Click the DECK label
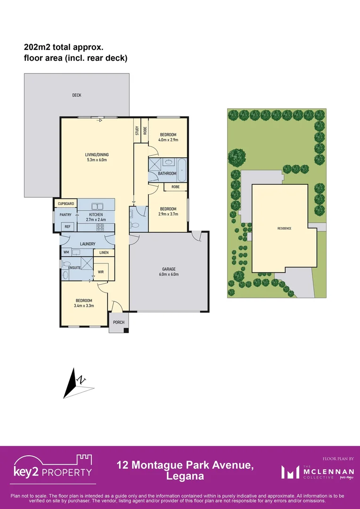(77, 95)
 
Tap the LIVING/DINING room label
(97, 155)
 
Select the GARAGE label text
(167, 270)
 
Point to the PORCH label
(119, 322)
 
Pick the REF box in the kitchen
(68, 227)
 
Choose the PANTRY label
(65, 215)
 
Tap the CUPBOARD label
(66, 204)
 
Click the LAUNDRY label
(88, 244)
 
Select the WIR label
(100, 272)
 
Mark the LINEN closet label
(104, 253)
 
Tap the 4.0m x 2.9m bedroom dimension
(168, 140)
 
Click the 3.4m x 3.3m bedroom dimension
(84, 306)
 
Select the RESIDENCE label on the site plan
(284, 229)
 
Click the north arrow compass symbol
(74, 383)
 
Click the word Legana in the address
(185, 476)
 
